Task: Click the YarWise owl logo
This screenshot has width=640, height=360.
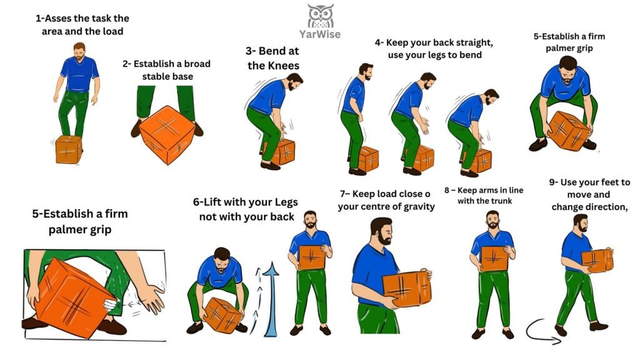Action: pyautogui.click(x=321, y=16)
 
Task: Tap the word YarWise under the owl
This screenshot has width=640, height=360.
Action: pyautogui.click(x=319, y=34)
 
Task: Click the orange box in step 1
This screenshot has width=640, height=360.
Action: pyautogui.click(x=69, y=149)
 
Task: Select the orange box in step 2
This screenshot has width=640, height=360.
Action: pyautogui.click(x=167, y=135)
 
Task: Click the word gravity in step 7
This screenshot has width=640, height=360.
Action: pyautogui.click(x=418, y=206)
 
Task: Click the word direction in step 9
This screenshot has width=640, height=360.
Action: pyautogui.click(x=607, y=207)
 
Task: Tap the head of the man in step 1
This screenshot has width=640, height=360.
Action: pyautogui.click(x=79, y=51)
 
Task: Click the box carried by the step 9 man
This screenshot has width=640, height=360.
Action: pyautogui.click(x=597, y=261)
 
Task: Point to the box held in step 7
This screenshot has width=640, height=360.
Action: pyautogui.click(x=407, y=289)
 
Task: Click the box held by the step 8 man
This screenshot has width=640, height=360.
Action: pyautogui.click(x=494, y=258)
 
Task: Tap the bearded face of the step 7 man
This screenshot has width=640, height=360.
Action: pyautogui.click(x=384, y=232)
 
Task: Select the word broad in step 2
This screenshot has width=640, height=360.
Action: pyautogui.click(x=197, y=64)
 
